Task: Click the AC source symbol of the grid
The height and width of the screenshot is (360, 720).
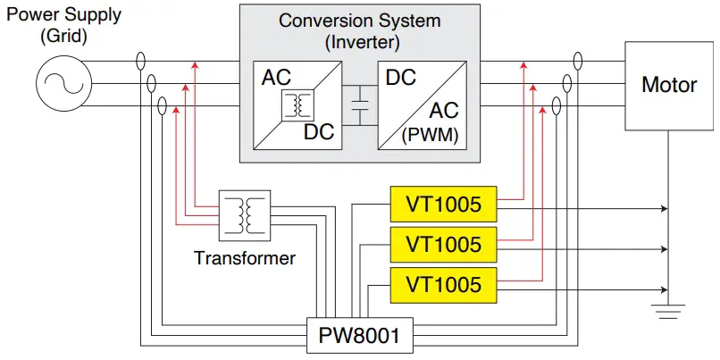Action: coord(60,85)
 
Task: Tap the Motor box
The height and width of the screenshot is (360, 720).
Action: coord(669,86)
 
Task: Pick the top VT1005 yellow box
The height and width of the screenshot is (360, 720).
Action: coord(443,205)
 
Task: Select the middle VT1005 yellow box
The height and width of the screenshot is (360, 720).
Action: coord(443,244)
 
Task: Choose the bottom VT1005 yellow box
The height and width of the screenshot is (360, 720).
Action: coord(443,284)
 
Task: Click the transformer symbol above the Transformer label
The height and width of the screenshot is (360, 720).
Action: coord(244,213)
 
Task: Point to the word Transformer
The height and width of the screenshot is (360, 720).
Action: coord(244,259)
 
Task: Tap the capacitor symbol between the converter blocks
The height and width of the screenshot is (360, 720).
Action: coord(361,106)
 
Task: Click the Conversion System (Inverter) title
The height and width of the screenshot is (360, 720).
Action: coord(360,29)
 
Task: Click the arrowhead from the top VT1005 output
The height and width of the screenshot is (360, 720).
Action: coord(664,208)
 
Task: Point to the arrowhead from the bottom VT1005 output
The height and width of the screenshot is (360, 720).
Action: coord(664,289)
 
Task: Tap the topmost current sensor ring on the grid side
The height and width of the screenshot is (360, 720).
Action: coord(140,63)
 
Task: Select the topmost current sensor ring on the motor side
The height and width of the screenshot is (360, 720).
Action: coord(578,62)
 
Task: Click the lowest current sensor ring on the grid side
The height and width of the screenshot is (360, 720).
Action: coord(162,106)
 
